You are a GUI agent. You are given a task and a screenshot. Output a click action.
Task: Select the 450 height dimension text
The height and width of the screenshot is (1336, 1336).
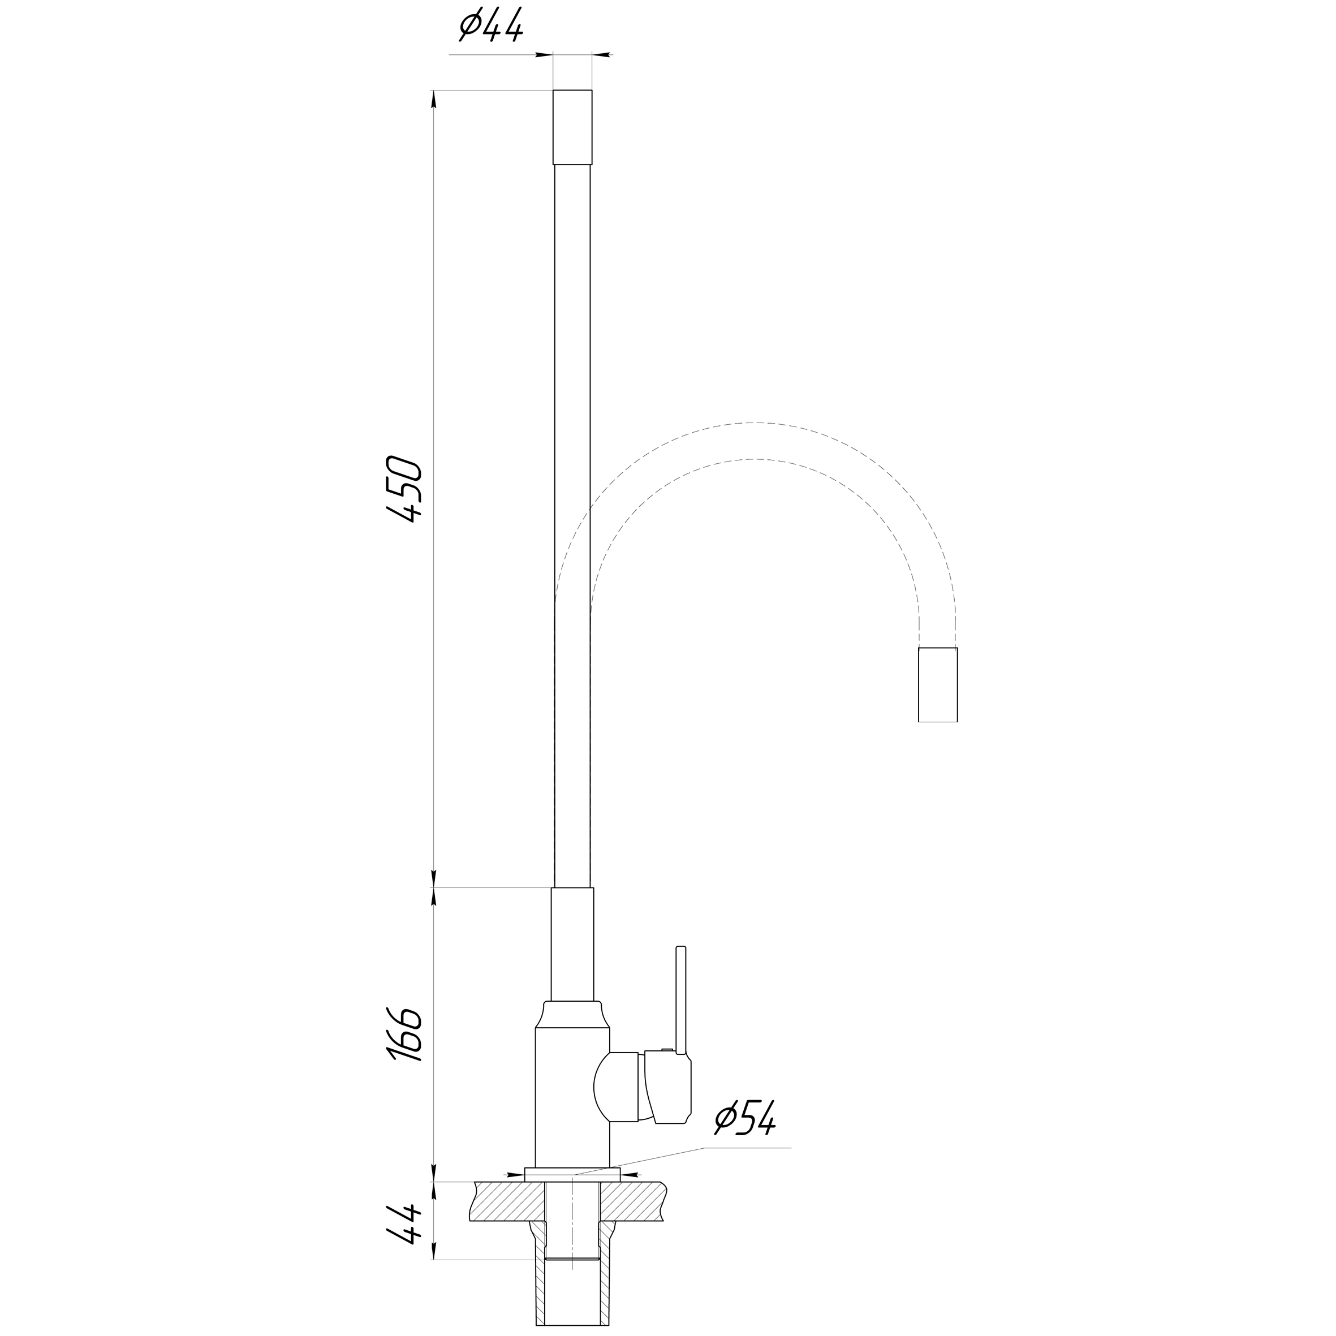pyautogui.click(x=404, y=488)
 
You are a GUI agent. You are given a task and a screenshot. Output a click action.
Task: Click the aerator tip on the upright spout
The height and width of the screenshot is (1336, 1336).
pyautogui.click(x=572, y=127)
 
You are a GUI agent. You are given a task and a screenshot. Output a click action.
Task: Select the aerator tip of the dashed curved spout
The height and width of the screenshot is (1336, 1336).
pyautogui.click(x=938, y=684)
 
